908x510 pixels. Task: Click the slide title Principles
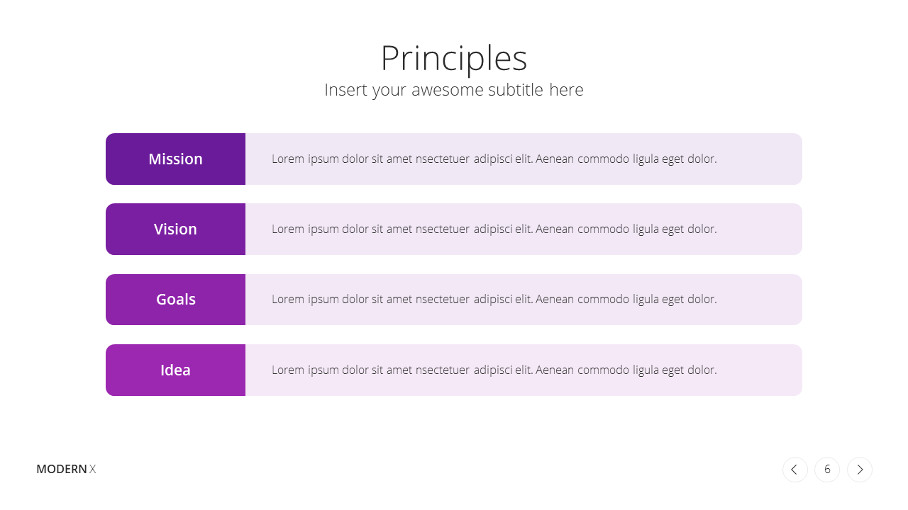coord(454,59)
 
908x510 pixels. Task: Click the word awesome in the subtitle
coord(448,90)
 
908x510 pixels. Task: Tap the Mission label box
coord(175,159)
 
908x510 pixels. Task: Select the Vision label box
coord(175,229)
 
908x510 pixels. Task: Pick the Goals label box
coord(175,300)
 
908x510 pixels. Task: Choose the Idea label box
coord(175,370)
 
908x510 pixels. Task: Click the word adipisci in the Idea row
coord(492,370)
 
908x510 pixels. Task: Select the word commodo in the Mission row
coord(603,159)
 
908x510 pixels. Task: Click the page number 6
coord(827,470)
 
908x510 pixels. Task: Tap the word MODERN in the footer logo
coord(62,469)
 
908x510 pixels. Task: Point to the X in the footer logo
coord(93,469)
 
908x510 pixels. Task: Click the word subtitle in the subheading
coord(516,90)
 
